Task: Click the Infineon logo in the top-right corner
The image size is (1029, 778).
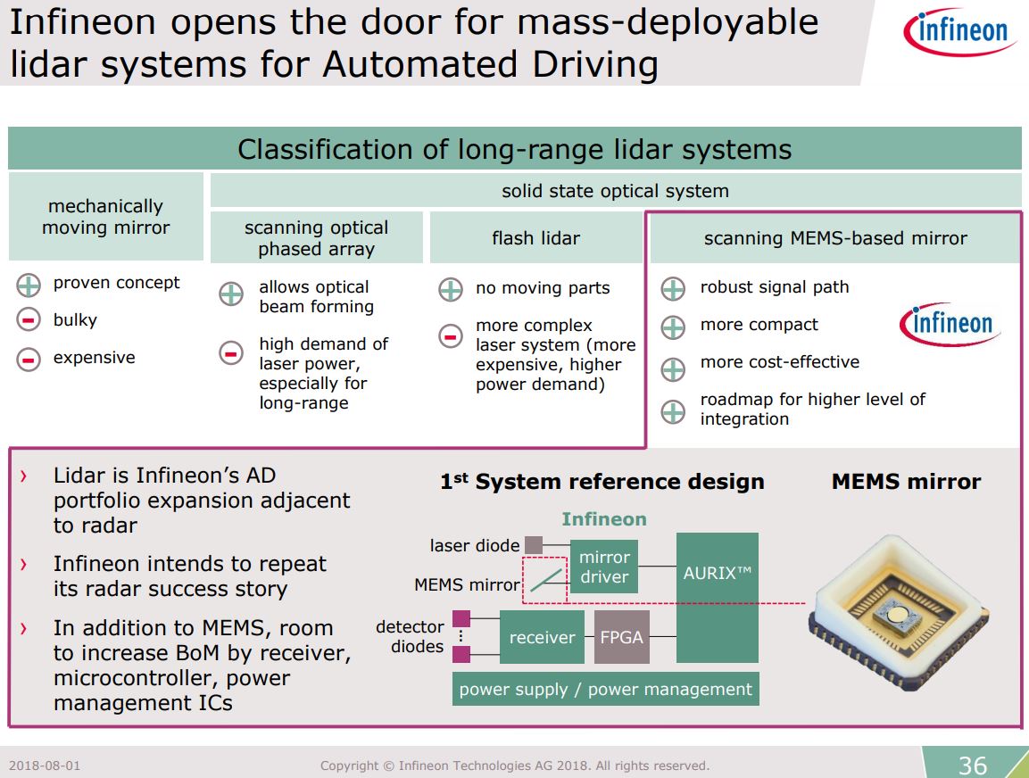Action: point(956,34)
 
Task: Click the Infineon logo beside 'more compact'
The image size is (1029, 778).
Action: point(950,323)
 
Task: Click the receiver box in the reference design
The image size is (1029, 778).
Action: point(542,637)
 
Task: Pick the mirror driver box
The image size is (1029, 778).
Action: point(604,567)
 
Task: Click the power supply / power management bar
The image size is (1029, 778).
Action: point(605,690)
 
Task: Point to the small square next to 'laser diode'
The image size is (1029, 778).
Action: point(533,544)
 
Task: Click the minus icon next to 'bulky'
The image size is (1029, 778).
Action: point(29,320)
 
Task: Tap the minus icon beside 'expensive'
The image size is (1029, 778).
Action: point(29,359)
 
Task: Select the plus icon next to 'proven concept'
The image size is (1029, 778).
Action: point(29,285)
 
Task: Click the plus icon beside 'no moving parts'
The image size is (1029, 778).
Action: point(451,289)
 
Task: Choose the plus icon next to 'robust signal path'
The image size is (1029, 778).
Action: point(672,289)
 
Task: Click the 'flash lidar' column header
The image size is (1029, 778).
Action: point(535,238)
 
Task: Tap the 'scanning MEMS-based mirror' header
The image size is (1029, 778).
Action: point(835,238)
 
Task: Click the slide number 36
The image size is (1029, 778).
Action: point(972,765)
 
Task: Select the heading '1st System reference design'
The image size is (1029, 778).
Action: point(602,482)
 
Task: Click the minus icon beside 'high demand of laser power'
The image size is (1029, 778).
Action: point(230,353)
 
